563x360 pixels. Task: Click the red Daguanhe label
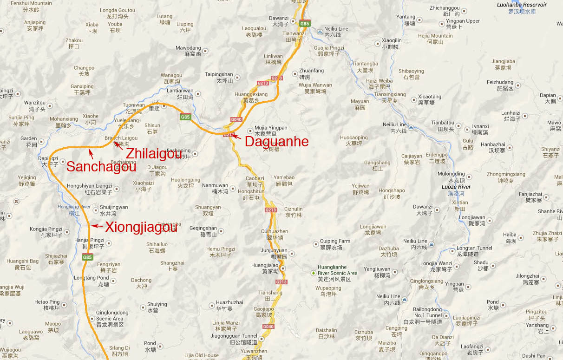(276, 142)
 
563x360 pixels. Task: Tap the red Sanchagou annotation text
(101, 166)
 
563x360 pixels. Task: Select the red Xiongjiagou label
(141, 227)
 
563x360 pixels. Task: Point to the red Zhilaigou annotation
(154, 153)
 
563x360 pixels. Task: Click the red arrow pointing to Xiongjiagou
(97, 226)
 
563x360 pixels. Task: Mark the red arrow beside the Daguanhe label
(236, 136)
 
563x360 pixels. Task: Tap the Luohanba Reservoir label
(522, 5)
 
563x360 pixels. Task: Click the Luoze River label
(456, 187)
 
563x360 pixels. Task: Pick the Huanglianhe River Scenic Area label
(337, 270)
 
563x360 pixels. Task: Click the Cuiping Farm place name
(334, 241)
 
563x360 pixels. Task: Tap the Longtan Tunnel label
(474, 248)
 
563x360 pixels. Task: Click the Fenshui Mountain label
(31, 3)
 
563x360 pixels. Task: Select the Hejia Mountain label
(435, 36)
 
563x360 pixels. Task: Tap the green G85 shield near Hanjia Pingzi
(87, 257)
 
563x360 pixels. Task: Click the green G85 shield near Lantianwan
(185, 117)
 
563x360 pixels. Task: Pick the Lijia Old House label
(201, 355)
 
